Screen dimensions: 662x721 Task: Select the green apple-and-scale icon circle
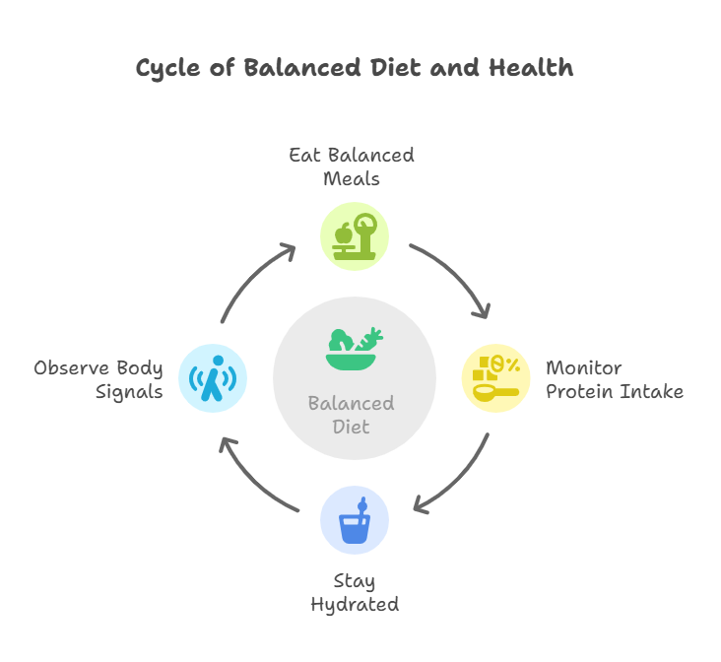tap(355, 236)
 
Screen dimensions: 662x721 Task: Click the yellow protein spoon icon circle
tap(496, 378)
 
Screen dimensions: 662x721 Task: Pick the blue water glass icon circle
tap(355, 520)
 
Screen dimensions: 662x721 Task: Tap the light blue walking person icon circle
tap(213, 378)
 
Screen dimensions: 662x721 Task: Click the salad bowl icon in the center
tap(355, 349)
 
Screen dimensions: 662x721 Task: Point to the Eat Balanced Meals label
tap(352, 167)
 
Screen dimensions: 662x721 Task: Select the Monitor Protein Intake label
tap(614, 379)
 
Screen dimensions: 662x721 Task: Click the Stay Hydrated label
tap(355, 592)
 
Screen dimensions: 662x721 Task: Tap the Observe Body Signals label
tap(98, 379)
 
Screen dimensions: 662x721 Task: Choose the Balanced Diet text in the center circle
tap(352, 415)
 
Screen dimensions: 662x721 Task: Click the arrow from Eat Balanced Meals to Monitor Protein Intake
tap(455, 277)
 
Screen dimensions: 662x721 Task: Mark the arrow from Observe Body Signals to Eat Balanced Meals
tap(255, 279)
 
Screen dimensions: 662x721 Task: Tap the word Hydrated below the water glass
tap(355, 604)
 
